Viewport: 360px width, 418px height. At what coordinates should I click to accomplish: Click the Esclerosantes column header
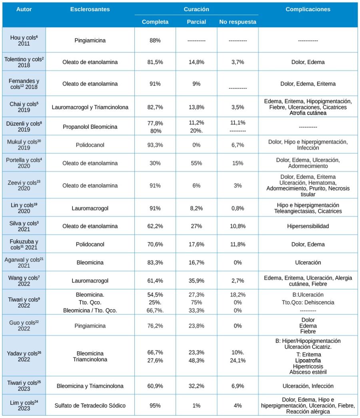(90, 9)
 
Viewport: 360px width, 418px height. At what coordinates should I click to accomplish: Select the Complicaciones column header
(308, 9)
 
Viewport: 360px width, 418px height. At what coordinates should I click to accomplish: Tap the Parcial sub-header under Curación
(196, 22)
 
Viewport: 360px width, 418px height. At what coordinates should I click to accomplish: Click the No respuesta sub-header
(238, 22)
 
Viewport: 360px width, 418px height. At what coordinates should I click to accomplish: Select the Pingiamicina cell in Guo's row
(90, 326)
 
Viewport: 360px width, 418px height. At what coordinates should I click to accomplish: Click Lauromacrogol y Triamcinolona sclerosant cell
(90, 107)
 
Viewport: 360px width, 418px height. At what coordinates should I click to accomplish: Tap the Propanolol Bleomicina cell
(90, 127)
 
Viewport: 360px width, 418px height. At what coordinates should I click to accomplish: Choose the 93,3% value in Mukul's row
(155, 145)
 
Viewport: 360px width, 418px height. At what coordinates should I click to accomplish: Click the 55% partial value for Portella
(196, 163)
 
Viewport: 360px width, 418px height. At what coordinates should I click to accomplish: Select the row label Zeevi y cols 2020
(24, 185)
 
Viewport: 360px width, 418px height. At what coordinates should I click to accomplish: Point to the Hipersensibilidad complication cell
(308, 226)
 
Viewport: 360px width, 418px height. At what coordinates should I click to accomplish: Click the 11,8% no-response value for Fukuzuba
(238, 244)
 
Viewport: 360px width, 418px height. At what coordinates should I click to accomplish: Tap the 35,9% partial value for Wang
(196, 281)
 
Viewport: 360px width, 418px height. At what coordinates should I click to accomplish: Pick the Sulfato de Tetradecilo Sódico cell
(90, 406)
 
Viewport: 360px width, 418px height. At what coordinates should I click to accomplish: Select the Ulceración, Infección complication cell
(308, 386)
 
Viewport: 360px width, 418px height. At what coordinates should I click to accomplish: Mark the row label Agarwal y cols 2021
(24, 262)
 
